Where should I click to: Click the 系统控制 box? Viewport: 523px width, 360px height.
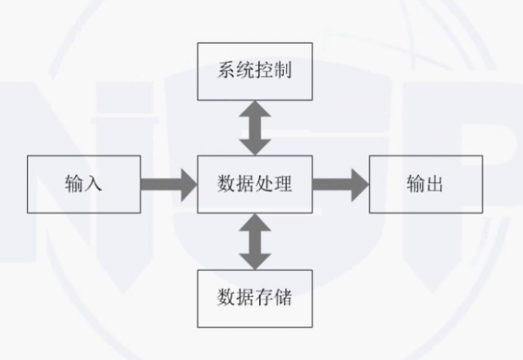click(x=254, y=72)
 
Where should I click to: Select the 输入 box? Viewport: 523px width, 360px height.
click(x=83, y=184)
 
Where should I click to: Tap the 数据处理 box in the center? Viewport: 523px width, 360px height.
click(x=254, y=184)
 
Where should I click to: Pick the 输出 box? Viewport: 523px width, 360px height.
click(x=424, y=184)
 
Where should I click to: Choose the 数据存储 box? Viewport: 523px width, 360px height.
click(x=254, y=298)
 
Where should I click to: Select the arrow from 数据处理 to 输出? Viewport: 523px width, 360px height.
click(x=339, y=184)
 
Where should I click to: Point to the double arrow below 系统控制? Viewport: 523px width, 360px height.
click(x=254, y=127)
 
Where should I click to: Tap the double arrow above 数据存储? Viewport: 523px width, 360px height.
click(x=254, y=241)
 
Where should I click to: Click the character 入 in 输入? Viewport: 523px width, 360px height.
click(x=94, y=184)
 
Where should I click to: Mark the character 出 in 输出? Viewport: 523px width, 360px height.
click(x=435, y=184)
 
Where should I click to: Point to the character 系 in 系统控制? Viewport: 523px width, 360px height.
click(x=226, y=72)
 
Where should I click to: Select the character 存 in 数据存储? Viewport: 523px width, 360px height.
click(x=264, y=298)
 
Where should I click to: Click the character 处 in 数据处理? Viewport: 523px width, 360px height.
click(x=264, y=184)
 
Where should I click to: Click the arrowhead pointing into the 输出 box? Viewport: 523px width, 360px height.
click(x=359, y=184)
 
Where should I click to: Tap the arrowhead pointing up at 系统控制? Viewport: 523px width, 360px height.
click(x=254, y=110)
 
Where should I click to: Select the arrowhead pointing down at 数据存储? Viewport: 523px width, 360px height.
click(x=254, y=259)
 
